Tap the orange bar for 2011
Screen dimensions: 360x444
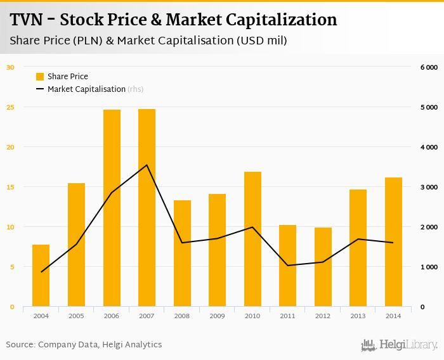click(288, 266)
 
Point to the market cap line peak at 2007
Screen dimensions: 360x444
click(147, 165)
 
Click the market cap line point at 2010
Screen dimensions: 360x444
click(252, 227)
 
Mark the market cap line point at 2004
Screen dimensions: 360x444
click(41, 272)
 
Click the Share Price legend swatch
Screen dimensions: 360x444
click(40, 77)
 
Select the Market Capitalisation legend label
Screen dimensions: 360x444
click(86, 89)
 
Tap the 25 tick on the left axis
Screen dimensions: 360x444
click(10, 107)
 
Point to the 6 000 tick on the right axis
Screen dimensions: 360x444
click(429, 67)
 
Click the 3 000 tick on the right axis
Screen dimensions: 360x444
click(429, 187)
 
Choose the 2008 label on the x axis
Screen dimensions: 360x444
click(182, 316)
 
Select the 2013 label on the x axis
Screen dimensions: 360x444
click(358, 316)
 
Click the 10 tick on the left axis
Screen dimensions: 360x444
click(10, 227)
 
